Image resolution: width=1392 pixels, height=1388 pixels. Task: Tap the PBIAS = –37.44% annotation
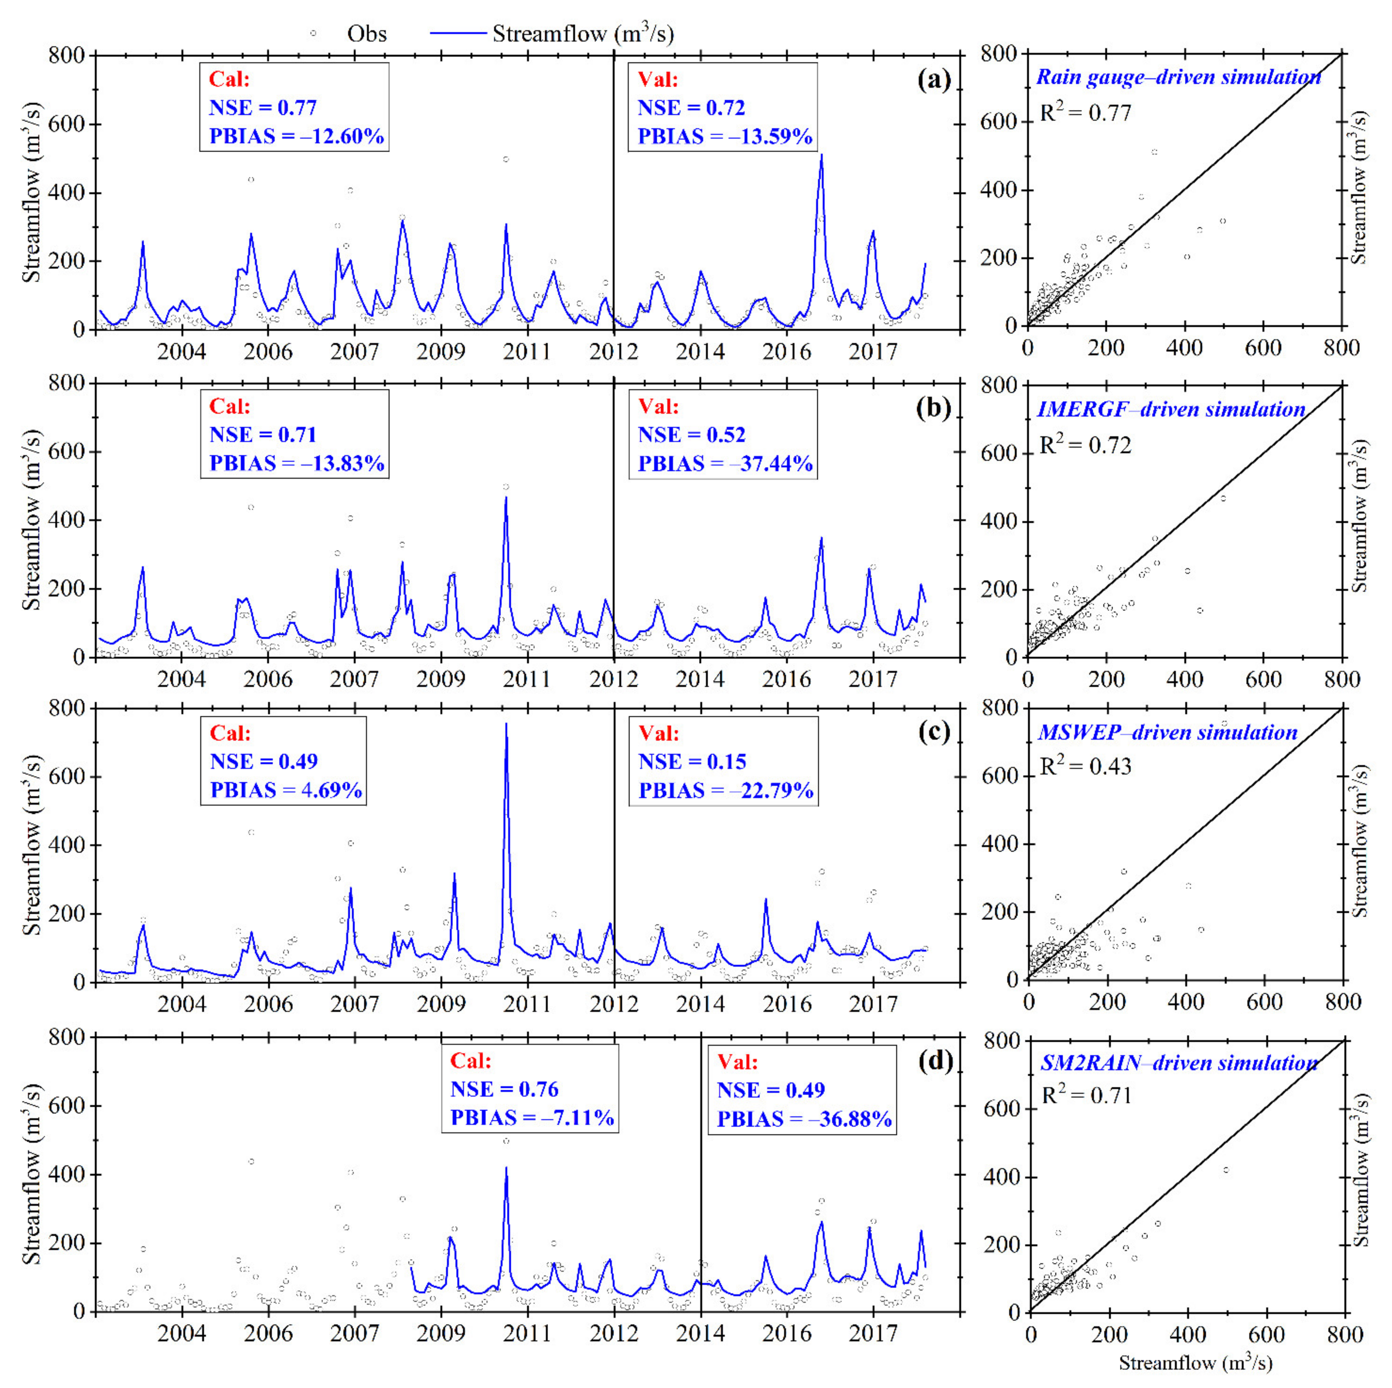[x=725, y=464]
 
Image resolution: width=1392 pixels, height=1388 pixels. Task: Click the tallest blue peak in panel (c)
[x=506, y=725]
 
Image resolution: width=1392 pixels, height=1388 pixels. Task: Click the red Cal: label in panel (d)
[x=471, y=1061]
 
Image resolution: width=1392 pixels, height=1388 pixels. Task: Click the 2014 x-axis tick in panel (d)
[x=700, y=1333]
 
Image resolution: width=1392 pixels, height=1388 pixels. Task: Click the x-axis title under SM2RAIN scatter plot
[x=1195, y=1363]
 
